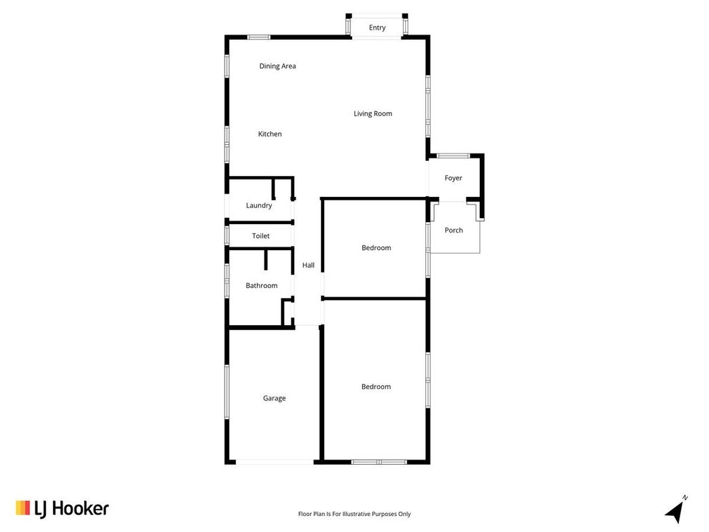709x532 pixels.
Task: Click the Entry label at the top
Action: [x=377, y=27]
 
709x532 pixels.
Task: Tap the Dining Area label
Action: [x=278, y=66]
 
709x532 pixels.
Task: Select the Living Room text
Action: [x=373, y=114]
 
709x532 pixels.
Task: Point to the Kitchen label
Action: [x=270, y=134]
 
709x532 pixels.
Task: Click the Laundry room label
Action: [x=259, y=205]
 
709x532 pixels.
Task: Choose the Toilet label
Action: [x=261, y=235]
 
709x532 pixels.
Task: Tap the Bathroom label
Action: [x=262, y=285]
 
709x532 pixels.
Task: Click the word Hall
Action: [x=308, y=265]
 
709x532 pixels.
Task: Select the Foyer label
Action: [x=453, y=178]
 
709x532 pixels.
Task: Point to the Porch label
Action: [x=454, y=230]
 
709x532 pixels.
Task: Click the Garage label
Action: [x=274, y=398]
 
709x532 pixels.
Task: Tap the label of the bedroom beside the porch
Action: [x=376, y=248]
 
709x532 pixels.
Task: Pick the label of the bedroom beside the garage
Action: [x=376, y=387]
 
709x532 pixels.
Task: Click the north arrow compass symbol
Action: [x=676, y=509]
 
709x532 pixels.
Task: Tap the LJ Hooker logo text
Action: [x=72, y=509]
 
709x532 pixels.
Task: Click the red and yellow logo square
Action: [x=23, y=507]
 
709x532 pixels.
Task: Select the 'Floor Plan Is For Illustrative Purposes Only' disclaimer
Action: [x=355, y=514]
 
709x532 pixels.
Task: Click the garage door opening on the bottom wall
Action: [x=274, y=462]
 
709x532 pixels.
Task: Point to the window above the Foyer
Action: [x=453, y=156]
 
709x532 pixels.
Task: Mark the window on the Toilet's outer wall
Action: [x=227, y=235]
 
